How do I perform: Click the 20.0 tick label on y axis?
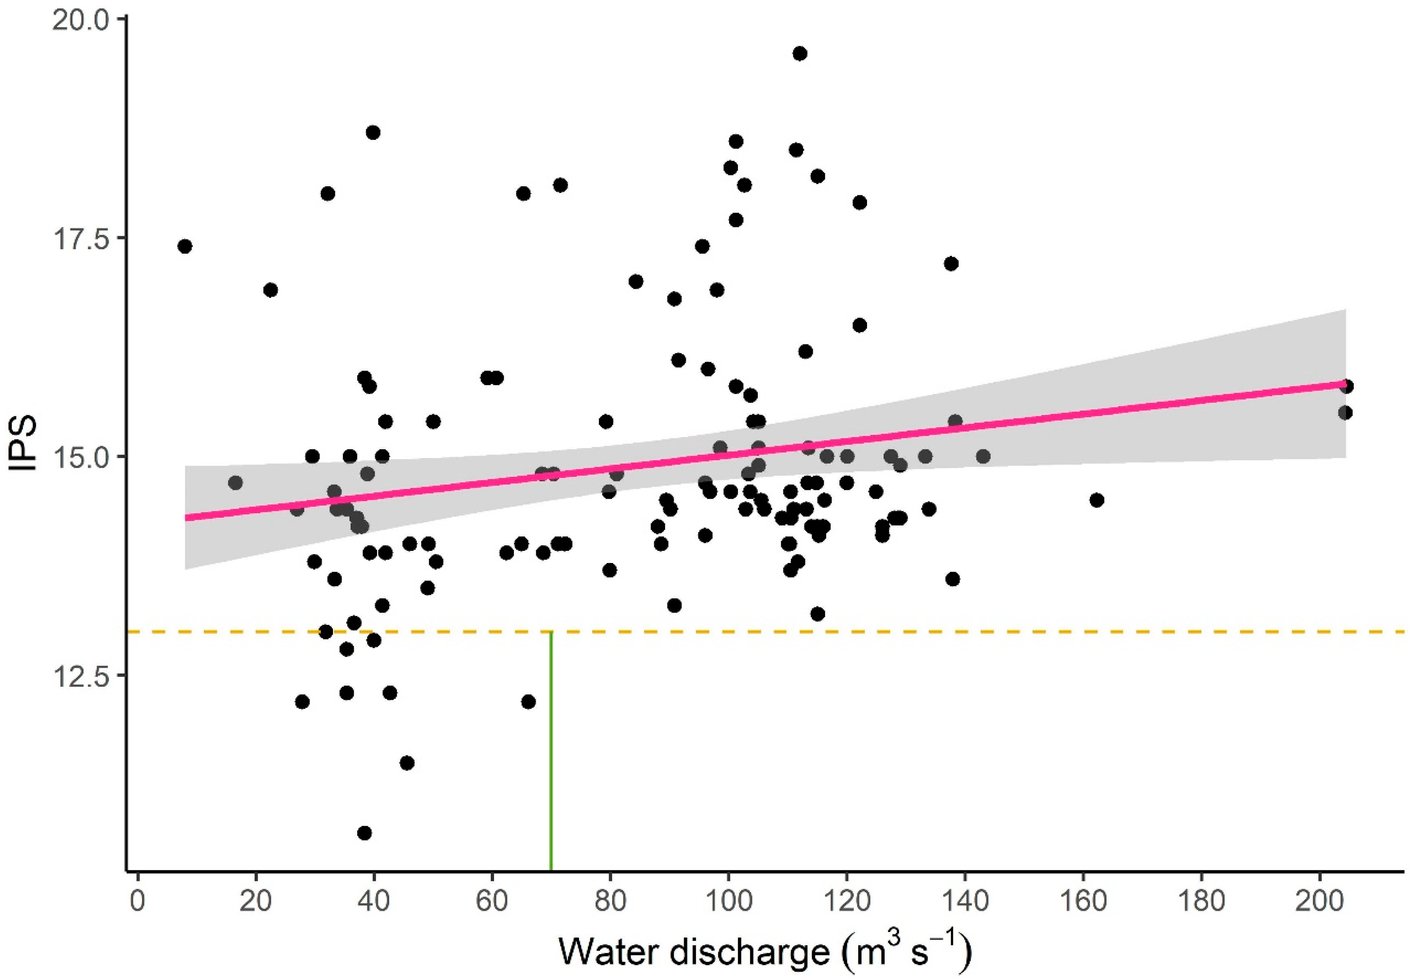[x=81, y=20]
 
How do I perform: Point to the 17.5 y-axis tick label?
[x=81, y=239]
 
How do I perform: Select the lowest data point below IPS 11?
[x=364, y=833]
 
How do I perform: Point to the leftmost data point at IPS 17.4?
[x=185, y=247]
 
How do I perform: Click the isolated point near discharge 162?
[x=1097, y=500]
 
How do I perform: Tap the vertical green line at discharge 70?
[x=551, y=768]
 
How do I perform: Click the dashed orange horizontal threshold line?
[x=921, y=632]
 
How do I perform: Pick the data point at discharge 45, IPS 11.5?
[x=407, y=763]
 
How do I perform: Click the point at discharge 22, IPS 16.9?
[x=270, y=290]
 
